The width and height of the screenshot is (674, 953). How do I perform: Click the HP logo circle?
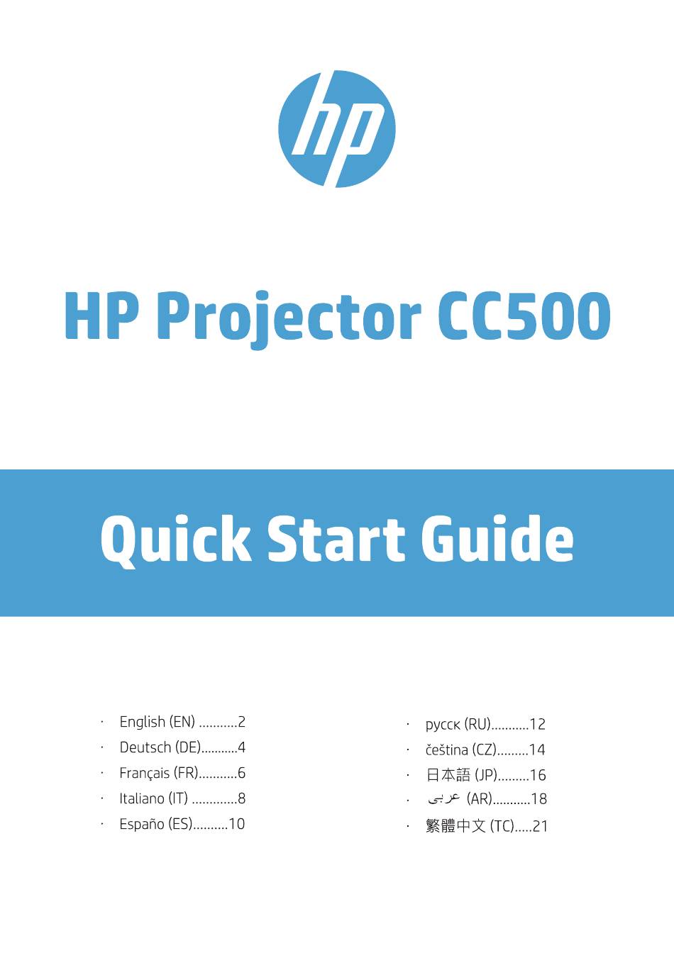coord(337,128)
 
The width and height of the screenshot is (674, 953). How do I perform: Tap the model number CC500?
coord(524,316)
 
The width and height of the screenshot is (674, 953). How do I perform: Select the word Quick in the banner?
coord(176,540)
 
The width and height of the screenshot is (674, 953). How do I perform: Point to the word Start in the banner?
coord(336,539)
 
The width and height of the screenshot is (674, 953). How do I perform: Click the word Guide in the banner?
coord(497,539)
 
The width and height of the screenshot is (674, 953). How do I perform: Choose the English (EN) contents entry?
coord(182,722)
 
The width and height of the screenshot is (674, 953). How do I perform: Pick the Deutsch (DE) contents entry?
coord(182,747)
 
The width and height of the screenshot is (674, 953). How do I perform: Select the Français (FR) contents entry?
coord(182,773)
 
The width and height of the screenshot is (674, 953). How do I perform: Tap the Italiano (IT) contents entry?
coord(182,798)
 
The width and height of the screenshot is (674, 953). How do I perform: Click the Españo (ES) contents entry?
coord(182,824)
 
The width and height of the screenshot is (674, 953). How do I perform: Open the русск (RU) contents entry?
coord(485,725)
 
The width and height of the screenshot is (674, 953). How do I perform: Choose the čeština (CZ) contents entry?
coord(485,749)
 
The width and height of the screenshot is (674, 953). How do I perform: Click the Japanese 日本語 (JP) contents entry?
coord(486,775)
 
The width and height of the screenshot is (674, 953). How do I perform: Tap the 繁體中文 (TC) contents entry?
coord(486,826)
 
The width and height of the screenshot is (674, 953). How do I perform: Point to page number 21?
coord(539,826)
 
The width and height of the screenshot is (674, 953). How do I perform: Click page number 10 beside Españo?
coord(237,824)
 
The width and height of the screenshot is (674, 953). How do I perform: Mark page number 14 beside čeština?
coord(537,749)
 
